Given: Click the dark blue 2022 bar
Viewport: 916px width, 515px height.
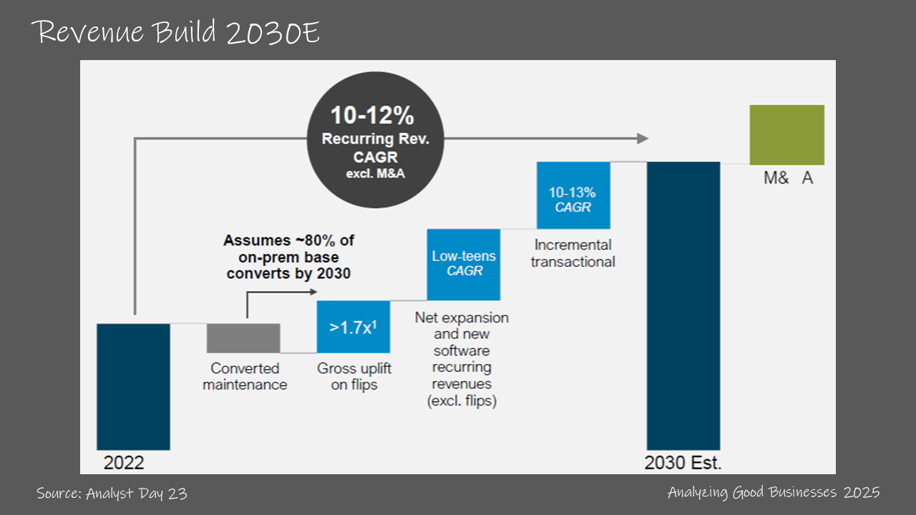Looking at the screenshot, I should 133,386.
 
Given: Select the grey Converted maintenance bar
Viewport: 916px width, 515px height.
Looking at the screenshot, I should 243,338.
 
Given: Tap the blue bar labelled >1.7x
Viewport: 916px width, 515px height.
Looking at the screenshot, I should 354,327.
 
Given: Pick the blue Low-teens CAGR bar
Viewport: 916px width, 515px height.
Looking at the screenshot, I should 464,265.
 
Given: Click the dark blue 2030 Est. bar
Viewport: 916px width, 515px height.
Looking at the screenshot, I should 683,305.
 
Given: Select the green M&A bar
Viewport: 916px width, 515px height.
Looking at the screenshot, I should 786,135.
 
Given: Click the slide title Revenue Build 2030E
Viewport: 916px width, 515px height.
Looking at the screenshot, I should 176,33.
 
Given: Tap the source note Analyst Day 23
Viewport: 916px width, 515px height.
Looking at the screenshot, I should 112,493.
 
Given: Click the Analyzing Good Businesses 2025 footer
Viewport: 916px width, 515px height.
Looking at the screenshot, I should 774,492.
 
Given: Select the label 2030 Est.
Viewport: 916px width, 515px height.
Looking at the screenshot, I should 683,463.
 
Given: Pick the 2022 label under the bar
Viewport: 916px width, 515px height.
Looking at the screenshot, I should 124,463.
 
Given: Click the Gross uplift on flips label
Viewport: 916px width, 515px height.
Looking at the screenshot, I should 354,377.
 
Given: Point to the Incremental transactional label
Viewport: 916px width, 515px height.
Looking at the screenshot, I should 572,253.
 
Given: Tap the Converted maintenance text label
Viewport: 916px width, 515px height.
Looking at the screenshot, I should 245,377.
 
